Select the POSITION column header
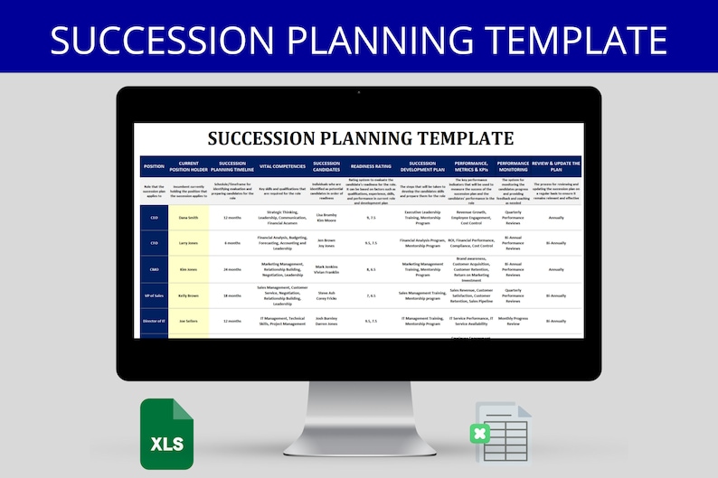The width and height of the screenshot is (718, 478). point(155,166)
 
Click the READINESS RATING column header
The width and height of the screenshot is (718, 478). point(371,166)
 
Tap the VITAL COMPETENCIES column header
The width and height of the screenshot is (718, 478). point(282,166)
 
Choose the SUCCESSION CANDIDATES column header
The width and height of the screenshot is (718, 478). point(326,166)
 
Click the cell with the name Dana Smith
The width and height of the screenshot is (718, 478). point(189,217)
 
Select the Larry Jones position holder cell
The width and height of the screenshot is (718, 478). point(189,243)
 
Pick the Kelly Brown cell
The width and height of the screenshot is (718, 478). point(189,295)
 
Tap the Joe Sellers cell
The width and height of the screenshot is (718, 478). point(189,321)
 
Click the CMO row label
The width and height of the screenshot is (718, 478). point(155,269)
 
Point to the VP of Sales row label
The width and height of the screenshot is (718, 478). point(155,295)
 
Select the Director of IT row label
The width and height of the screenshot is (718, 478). point(155,321)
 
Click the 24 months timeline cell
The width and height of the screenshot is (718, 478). point(232,269)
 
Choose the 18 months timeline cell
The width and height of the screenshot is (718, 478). point(232,295)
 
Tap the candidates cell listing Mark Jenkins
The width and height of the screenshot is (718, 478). point(326,269)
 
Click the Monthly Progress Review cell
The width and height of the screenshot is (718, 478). point(513,321)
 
